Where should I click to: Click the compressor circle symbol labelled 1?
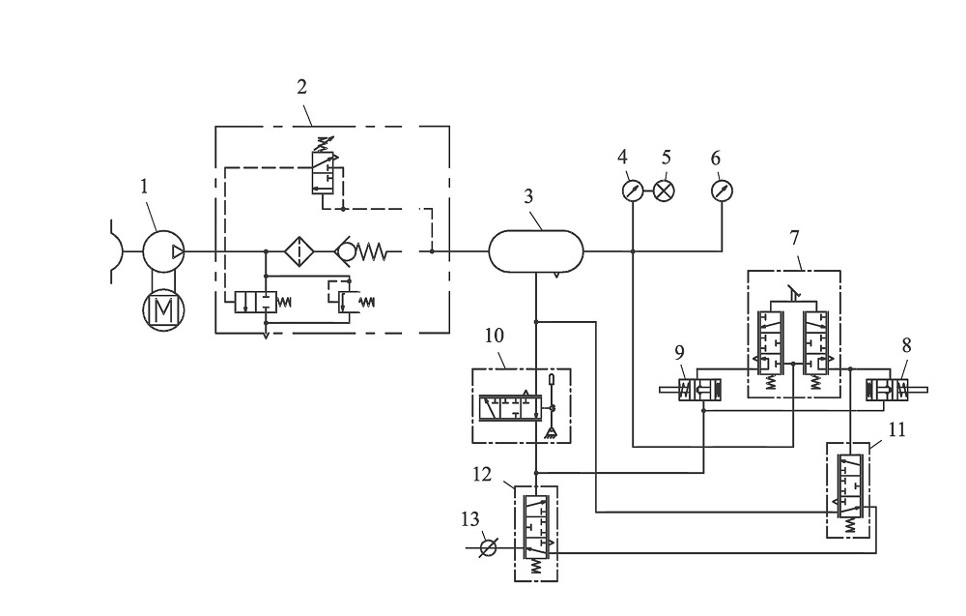[x=164, y=251]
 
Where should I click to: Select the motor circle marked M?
[x=164, y=308]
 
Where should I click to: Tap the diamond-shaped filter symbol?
[x=299, y=251]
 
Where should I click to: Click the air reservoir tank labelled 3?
[x=536, y=251]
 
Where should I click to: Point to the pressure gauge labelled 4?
[x=633, y=191]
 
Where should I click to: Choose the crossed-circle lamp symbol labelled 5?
[x=664, y=191]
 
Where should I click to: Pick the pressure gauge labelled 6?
[x=722, y=191]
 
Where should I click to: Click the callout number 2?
[x=301, y=87]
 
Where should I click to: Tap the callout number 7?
[x=794, y=237]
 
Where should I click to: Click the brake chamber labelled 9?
[x=691, y=390]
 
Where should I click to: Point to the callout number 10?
[x=494, y=337]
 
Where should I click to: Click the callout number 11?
[x=897, y=429]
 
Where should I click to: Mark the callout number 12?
[x=482, y=475]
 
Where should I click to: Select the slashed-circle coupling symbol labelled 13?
[x=488, y=547]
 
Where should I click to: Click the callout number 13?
[x=470, y=519]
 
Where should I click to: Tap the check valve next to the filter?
[x=360, y=251]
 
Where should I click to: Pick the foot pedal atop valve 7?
[x=795, y=294]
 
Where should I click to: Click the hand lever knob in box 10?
[x=552, y=378]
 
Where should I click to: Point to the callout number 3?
[x=528, y=196]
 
